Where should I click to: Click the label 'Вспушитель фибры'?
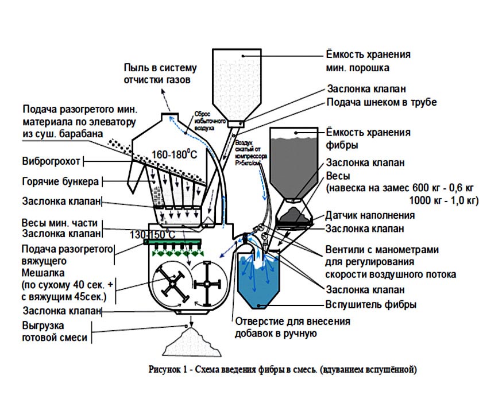point(371,305)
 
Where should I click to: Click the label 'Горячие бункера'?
point(60,181)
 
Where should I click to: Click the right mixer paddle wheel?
point(207,283)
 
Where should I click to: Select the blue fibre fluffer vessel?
point(258,281)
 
